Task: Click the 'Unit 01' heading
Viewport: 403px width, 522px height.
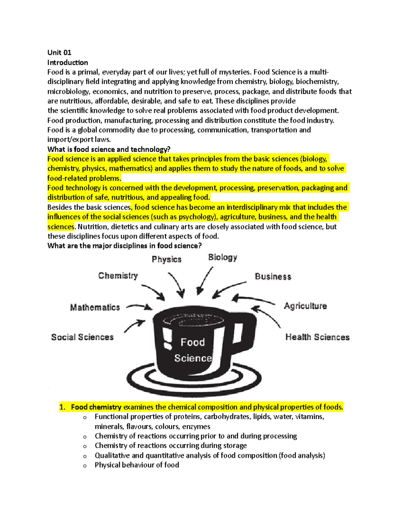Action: click(59, 52)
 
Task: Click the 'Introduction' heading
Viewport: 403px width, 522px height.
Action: click(68, 63)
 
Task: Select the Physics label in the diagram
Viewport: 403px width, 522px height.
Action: click(167, 259)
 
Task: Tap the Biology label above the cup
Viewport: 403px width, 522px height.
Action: click(223, 257)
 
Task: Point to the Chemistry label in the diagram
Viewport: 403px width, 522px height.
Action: click(118, 276)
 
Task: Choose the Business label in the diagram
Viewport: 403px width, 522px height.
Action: click(273, 277)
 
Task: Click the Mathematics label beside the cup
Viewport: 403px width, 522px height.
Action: click(95, 308)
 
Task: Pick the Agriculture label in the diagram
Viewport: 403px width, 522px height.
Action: click(305, 306)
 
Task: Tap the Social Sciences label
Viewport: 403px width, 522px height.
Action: click(82, 337)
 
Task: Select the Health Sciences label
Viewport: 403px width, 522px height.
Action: click(317, 337)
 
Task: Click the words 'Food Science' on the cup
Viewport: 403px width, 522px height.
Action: click(193, 350)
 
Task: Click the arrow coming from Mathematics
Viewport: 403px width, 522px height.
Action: click(139, 306)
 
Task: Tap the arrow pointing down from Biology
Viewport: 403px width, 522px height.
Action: click(205, 281)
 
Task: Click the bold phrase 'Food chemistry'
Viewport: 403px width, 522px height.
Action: click(96, 407)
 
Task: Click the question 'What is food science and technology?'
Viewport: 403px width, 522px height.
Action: click(109, 150)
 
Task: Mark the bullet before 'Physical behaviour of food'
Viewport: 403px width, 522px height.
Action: click(85, 466)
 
